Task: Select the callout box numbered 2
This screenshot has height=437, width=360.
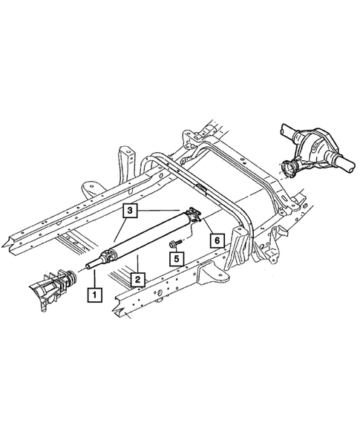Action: pos(138,280)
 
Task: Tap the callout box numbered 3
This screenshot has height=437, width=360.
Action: pos(130,212)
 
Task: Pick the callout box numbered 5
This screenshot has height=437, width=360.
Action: pos(177,258)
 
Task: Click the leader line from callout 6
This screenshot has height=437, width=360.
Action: pos(210,228)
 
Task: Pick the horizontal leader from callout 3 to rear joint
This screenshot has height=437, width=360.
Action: pos(163,211)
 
